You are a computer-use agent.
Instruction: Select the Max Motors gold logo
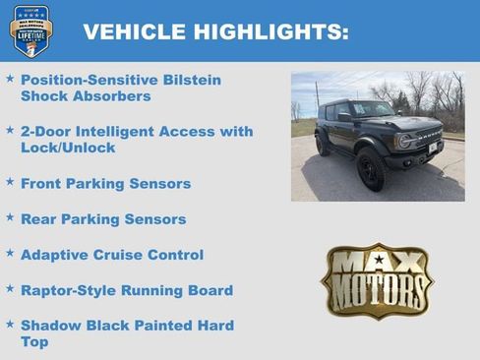click(377, 280)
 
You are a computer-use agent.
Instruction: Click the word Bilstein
click(187, 80)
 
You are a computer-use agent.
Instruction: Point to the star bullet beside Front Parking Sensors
click(10, 182)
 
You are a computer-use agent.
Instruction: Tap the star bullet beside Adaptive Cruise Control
click(10, 253)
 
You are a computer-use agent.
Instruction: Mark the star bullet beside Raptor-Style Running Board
click(10, 288)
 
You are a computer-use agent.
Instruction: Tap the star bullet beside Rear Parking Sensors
click(10, 217)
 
